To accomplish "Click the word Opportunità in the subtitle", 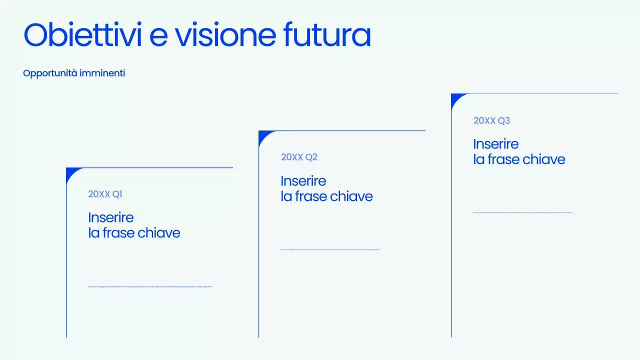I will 50,73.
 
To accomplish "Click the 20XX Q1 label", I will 105,194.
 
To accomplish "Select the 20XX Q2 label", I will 299,157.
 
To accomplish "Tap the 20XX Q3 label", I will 491,120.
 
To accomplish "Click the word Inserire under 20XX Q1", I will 111,217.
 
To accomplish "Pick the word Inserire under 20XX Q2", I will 303,181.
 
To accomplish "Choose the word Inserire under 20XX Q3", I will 496,144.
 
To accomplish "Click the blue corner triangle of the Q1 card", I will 71,172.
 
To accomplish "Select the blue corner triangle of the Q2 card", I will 263,135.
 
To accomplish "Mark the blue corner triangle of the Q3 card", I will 456,98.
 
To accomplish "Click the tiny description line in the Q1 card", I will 150,286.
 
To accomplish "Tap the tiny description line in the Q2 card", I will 330,249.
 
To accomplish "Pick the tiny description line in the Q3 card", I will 522,212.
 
